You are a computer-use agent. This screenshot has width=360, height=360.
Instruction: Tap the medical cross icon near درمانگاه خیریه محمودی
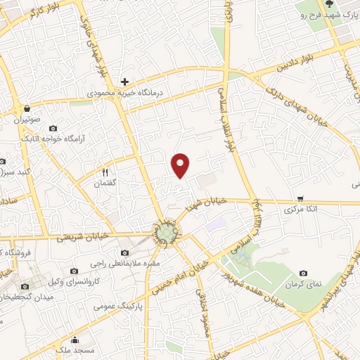tap(124, 82)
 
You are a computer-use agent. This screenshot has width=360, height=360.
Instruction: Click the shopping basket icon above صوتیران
tap(27, 109)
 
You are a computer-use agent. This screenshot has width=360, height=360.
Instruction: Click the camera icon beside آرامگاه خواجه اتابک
tap(53, 129)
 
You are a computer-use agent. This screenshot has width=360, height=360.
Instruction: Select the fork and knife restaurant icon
tap(105, 172)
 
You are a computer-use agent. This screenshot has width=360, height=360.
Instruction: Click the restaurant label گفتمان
tap(108, 184)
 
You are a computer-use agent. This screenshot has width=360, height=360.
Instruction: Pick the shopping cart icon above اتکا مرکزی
tap(301, 199)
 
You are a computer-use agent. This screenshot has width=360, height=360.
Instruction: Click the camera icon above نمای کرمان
tap(303, 273)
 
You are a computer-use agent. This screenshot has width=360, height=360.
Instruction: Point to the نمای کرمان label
tap(304, 284)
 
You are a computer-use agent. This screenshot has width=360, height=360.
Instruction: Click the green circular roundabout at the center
tap(167, 233)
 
